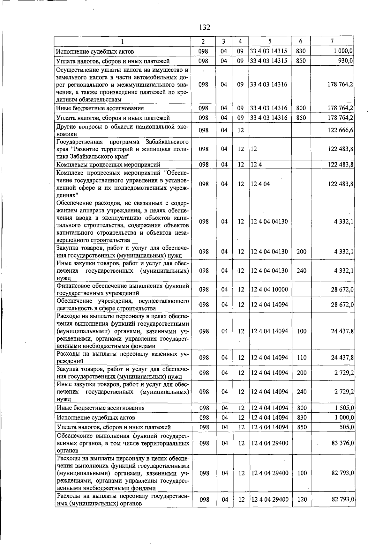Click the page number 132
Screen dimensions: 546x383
point(204,27)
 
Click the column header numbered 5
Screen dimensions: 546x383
point(270,41)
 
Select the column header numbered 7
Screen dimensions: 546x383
point(332,41)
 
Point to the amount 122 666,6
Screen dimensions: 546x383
point(341,130)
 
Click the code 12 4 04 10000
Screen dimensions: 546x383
point(269,289)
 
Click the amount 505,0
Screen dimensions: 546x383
point(347,427)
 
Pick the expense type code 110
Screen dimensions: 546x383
point(301,358)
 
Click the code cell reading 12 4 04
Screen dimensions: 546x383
point(260,184)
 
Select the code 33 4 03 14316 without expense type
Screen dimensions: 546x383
point(269,85)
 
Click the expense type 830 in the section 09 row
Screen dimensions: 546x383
point(301,51)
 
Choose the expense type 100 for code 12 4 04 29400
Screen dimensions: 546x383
point(302,473)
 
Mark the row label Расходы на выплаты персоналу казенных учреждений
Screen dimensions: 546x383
point(123,358)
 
